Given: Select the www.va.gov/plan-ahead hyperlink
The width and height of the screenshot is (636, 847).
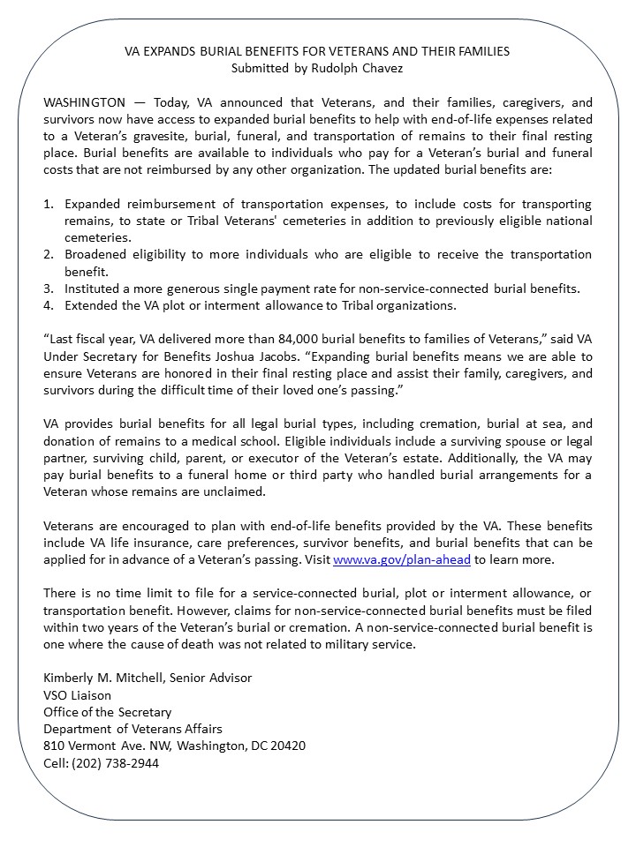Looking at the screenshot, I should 404,559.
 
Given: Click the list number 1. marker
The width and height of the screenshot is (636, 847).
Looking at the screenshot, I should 49,204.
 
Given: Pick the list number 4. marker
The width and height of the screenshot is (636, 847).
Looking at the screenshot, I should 49,305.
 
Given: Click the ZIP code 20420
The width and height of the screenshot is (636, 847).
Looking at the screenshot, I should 285,746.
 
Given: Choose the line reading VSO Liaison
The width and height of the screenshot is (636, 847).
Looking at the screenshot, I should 78,695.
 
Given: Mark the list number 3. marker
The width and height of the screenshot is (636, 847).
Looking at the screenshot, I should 49,289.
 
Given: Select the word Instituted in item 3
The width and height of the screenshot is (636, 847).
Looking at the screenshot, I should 91,289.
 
